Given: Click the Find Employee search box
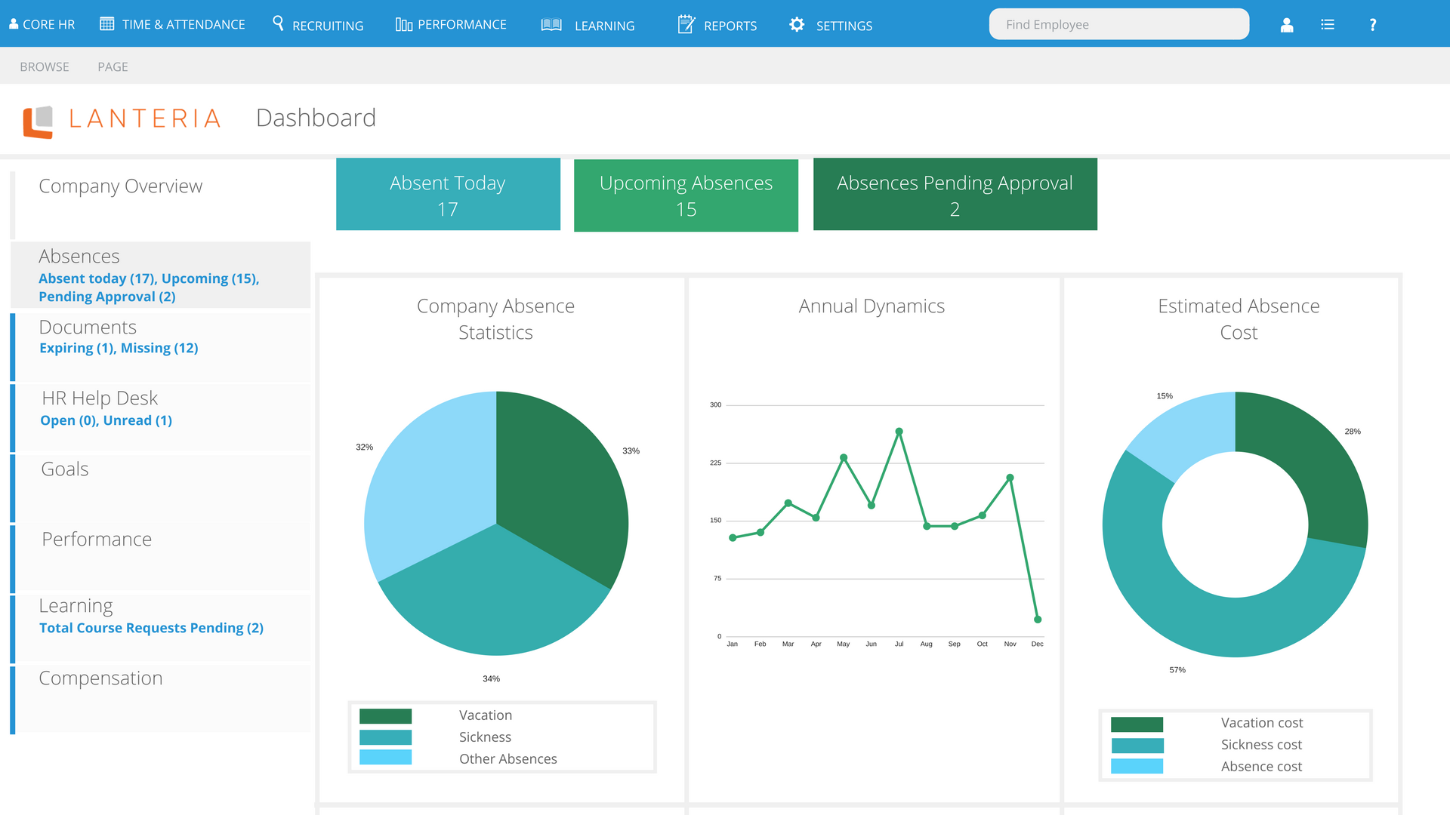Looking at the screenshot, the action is click(x=1118, y=24).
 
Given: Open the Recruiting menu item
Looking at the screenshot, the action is click(x=318, y=25).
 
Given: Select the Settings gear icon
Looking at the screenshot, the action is click(x=797, y=25).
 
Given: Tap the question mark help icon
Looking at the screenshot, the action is click(x=1373, y=25).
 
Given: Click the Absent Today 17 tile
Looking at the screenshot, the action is click(x=448, y=194).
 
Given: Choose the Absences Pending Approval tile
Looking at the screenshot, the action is click(x=955, y=194).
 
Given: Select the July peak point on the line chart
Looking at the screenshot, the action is click(x=899, y=432).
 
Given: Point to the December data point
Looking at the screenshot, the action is click(x=1038, y=620).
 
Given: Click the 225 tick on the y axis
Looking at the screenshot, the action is click(x=715, y=463).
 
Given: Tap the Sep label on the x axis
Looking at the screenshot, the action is click(x=955, y=644).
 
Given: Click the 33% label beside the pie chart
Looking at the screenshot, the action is click(x=631, y=451).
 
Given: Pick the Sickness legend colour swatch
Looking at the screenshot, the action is click(x=385, y=737).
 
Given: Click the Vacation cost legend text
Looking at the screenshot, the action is click(x=1262, y=723).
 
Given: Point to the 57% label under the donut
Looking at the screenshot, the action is click(x=1177, y=670).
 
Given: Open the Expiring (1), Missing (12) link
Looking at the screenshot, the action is click(x=119, y=348).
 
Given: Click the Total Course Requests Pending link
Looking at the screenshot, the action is click(x=151, y=628).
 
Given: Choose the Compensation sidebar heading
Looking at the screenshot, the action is click(x=100, y=678).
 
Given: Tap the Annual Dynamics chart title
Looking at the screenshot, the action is click(x=872, y=306).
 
